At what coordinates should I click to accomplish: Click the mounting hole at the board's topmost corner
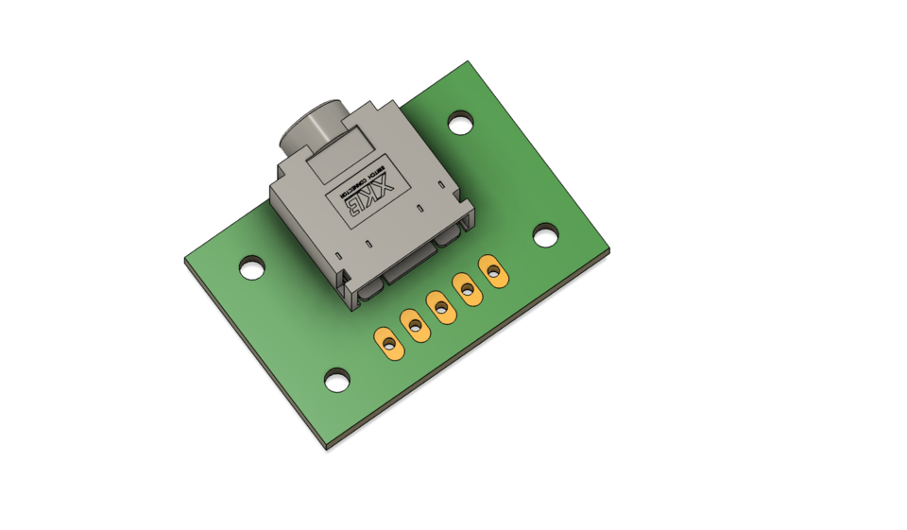coord(460,122)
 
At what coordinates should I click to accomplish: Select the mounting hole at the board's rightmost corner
coord(545,235)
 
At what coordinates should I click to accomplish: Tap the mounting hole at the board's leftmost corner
coord(251,267)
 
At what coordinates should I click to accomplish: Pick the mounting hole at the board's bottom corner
coord(337,380)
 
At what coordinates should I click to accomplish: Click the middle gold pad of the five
coord(440,305)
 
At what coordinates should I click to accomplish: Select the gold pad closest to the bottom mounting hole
coord(388,342)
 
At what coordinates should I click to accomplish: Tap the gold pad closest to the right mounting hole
coord(491,270)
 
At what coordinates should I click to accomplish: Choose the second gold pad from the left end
coord(414,325)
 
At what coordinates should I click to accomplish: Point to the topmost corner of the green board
coord(469,62)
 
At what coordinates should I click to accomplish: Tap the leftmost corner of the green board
coord(184,259)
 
